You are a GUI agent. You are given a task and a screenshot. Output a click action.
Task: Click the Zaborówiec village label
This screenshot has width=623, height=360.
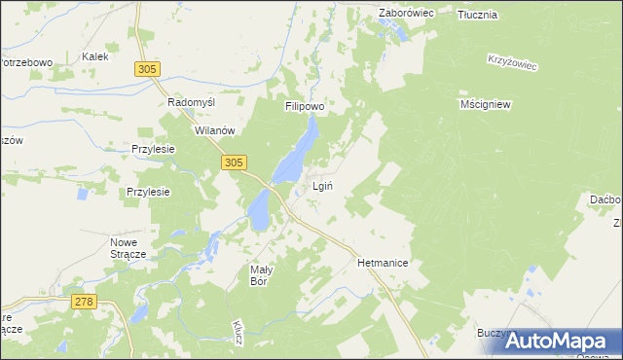[405, 15]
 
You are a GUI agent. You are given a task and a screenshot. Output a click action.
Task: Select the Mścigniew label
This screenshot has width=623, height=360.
[485, 103]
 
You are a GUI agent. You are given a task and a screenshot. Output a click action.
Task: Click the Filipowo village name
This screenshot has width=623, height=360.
[304, 106]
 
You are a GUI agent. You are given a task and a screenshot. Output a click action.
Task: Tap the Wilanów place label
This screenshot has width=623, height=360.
[216, 130]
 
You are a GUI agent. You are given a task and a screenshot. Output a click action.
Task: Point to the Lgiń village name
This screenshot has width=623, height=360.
[324, 186]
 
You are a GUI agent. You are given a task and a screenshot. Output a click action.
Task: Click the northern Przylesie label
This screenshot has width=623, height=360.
[153, 149]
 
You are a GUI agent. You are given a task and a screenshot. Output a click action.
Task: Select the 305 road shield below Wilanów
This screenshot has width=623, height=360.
[233, 163]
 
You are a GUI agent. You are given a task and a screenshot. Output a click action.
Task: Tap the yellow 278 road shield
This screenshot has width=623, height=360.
[84, 303]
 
